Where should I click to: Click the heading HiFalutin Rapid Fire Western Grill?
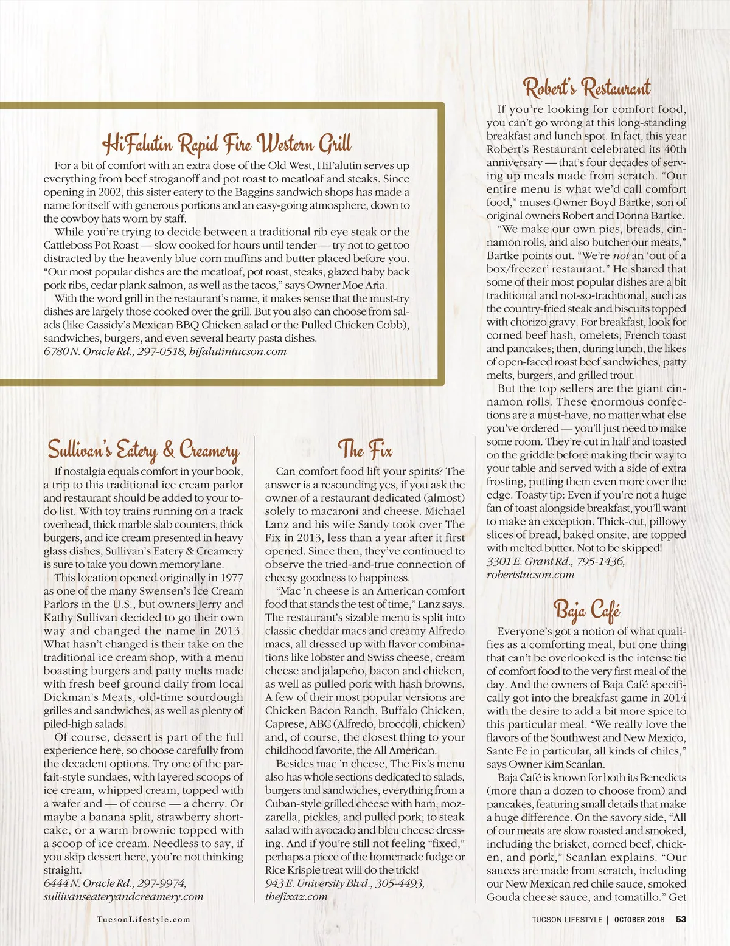point(226,144)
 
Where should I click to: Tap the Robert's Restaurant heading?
point(586,88)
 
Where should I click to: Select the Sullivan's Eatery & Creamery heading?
point(144,450)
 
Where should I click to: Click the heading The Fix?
point(365,450)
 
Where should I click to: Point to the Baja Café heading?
point(586,609)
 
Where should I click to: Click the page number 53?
point(681,919)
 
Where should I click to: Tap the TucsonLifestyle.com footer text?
point(144,919)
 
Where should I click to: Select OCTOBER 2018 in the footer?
point(639,919)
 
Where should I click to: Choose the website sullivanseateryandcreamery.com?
point(123,896)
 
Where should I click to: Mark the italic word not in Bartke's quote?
point(620,256)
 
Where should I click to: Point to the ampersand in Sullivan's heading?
point(169,450)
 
